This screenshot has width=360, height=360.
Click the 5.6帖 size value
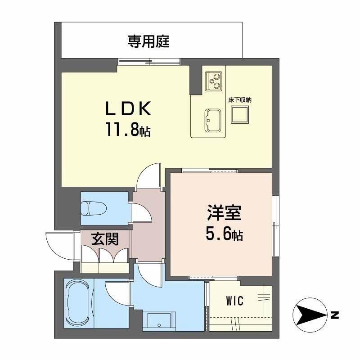coord(224,234)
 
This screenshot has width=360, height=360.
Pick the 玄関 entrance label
coord(105,239)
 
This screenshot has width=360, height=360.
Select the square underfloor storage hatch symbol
coord(239,116)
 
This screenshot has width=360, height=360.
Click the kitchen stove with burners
coord(213,81)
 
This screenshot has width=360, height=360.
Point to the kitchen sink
coord(212,119)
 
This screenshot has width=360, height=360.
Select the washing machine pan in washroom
coord(158,321)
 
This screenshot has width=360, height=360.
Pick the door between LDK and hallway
coord(149,176)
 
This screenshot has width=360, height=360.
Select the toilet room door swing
coord(142,211)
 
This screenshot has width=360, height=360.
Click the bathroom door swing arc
coord(117,292)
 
